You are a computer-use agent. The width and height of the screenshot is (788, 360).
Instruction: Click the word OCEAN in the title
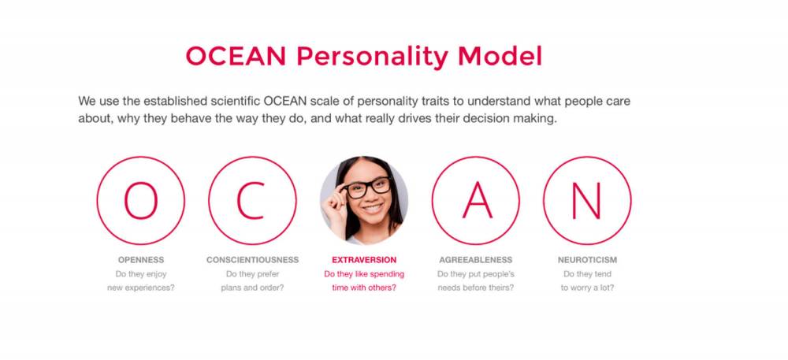pyautogui.click(x=236, y=56)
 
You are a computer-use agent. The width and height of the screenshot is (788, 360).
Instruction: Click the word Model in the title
pyautogui.click(x=500, y=56)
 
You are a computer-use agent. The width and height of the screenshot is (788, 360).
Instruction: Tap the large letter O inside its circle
pyautogui.click(x=141, y=200)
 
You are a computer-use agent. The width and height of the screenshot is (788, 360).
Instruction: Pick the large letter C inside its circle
pyautogui.click(x=251, y=200)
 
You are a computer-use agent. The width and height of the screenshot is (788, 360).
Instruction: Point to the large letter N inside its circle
pyautogui.click(x=586, y=200)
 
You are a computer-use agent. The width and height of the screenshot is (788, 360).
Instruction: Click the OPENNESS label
pyautogui.click(x=141, y=260)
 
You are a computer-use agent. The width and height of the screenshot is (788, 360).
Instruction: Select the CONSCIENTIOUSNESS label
pyautogui.click(x=252, y=260)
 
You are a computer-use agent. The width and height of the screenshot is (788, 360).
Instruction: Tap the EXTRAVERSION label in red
pyautogui.click(x=364, y=260)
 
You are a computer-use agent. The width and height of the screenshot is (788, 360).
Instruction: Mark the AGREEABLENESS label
pyautogui.click(x=475, y=260)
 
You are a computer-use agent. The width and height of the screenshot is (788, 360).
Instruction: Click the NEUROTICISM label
pyautogui.click(x=587, y=260)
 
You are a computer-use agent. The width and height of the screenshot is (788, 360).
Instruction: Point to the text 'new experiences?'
pyautogui.click(x=141, y=288)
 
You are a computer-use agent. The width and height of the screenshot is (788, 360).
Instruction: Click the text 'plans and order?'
pyautogui.click(x=252, y=288)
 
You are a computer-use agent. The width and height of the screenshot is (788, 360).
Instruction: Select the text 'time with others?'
pyautogui.click(x=364, y=288)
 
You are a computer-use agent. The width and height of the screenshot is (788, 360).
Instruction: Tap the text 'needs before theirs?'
pyautogui.click(x=475, y=288)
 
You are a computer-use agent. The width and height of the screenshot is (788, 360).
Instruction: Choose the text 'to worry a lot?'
pyautogui.click(x=587, y=288)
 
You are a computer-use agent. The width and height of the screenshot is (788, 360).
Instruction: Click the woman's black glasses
pyautogui.click(x=367, y=187)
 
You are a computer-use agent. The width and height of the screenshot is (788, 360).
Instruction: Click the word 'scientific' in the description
pyautogui.click(x=236, y=102)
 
